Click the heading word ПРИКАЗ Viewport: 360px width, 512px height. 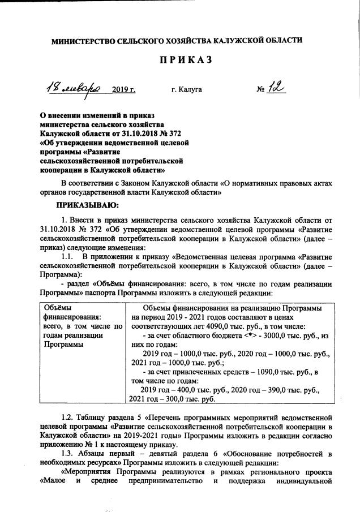[180, 61]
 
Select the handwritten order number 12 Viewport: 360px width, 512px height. [277, 87]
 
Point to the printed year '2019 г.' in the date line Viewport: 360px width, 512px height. [125, 89]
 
